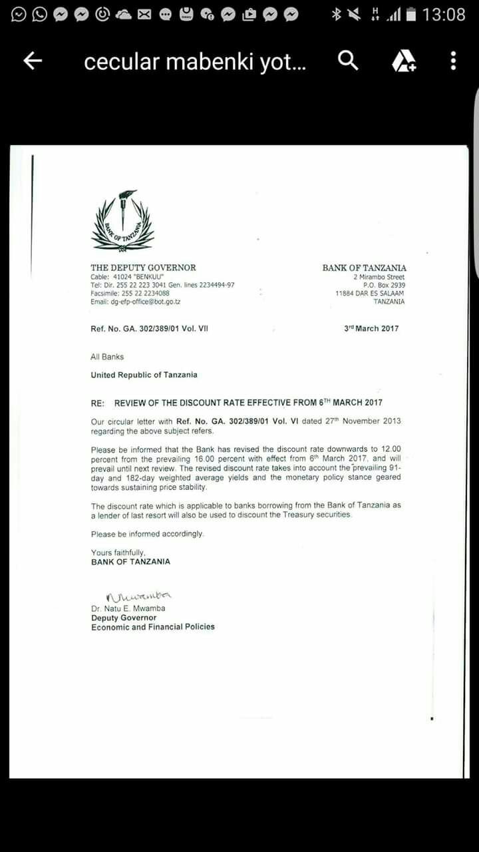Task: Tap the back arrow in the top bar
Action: click(x=33, y=61)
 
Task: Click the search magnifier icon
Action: click(x=348, y=61)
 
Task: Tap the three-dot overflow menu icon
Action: click(x=453, y=61)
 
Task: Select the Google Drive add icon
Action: click(x=403, y=61)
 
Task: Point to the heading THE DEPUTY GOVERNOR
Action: click(x=143, y=268)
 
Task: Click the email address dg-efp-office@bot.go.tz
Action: click(x=136, y=302)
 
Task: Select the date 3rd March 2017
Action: click(x=371, y=328)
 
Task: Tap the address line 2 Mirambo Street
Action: click(x=379, y=277)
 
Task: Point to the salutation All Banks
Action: click(x=107, y=357)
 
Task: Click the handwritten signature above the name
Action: click(x=138, y=596)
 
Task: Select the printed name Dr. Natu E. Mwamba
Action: click(x=128, y=608)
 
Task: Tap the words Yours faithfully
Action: click(x=118, y=552)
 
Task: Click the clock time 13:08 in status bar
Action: click(x=444, y=14)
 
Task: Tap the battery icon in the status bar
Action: click(x=411, y=14)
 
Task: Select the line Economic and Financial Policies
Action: click(x=153, y=627)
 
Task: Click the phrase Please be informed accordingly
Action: click(x=148, y=534)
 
